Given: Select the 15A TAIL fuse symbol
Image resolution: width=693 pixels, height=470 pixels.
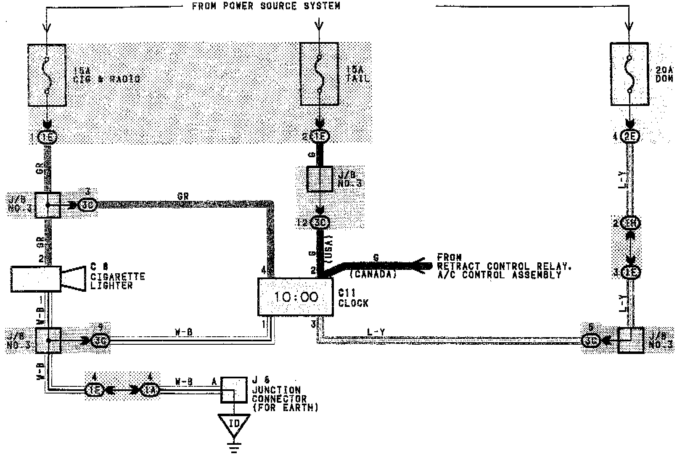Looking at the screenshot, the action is (x=320, y=74).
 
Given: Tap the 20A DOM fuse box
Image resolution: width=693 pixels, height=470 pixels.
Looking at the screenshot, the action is (x=629, y=74).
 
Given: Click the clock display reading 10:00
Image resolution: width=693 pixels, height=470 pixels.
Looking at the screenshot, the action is (x=295, y=297).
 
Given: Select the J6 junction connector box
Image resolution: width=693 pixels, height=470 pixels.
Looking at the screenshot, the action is (x=234, y=390).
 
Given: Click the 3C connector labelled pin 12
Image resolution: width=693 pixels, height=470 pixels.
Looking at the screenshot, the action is (x=320, y=222).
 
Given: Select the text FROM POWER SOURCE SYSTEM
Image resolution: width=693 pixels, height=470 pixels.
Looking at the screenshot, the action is (x=266, y=6).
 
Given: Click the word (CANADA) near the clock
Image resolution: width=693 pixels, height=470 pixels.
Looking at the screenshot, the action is (x=373, y=275).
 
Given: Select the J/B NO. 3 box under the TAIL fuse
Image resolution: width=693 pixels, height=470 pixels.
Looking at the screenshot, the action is (x=320, y=179).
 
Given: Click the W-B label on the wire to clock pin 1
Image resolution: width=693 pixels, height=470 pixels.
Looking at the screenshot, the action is (x=183, y=333).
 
